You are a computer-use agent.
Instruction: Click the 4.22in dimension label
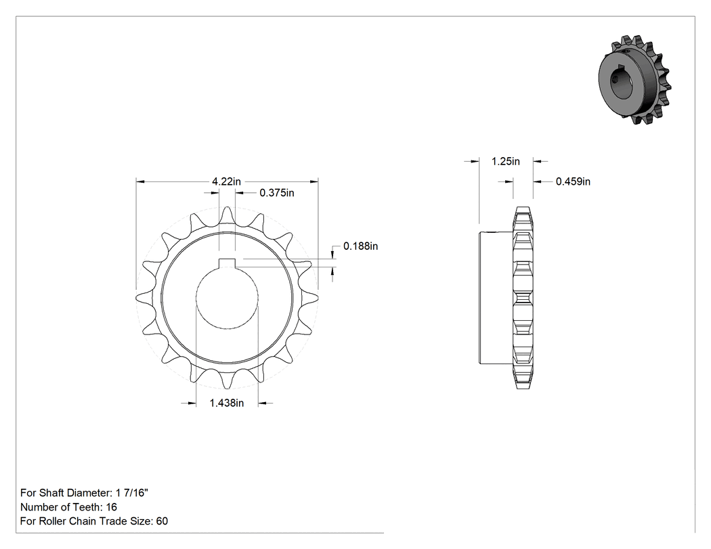point(227,181)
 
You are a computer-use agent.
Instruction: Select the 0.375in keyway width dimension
point(276,193)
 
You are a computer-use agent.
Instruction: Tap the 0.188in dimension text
point(360,246)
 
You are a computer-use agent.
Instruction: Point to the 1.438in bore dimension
point(227,403)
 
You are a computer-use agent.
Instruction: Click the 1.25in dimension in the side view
point(506,161)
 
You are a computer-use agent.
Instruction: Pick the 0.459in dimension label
point(573,181)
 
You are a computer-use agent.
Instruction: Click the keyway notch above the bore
point(227,263)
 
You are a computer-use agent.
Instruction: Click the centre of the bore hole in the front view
point(227,298)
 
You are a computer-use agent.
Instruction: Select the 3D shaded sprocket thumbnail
point(634,80)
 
